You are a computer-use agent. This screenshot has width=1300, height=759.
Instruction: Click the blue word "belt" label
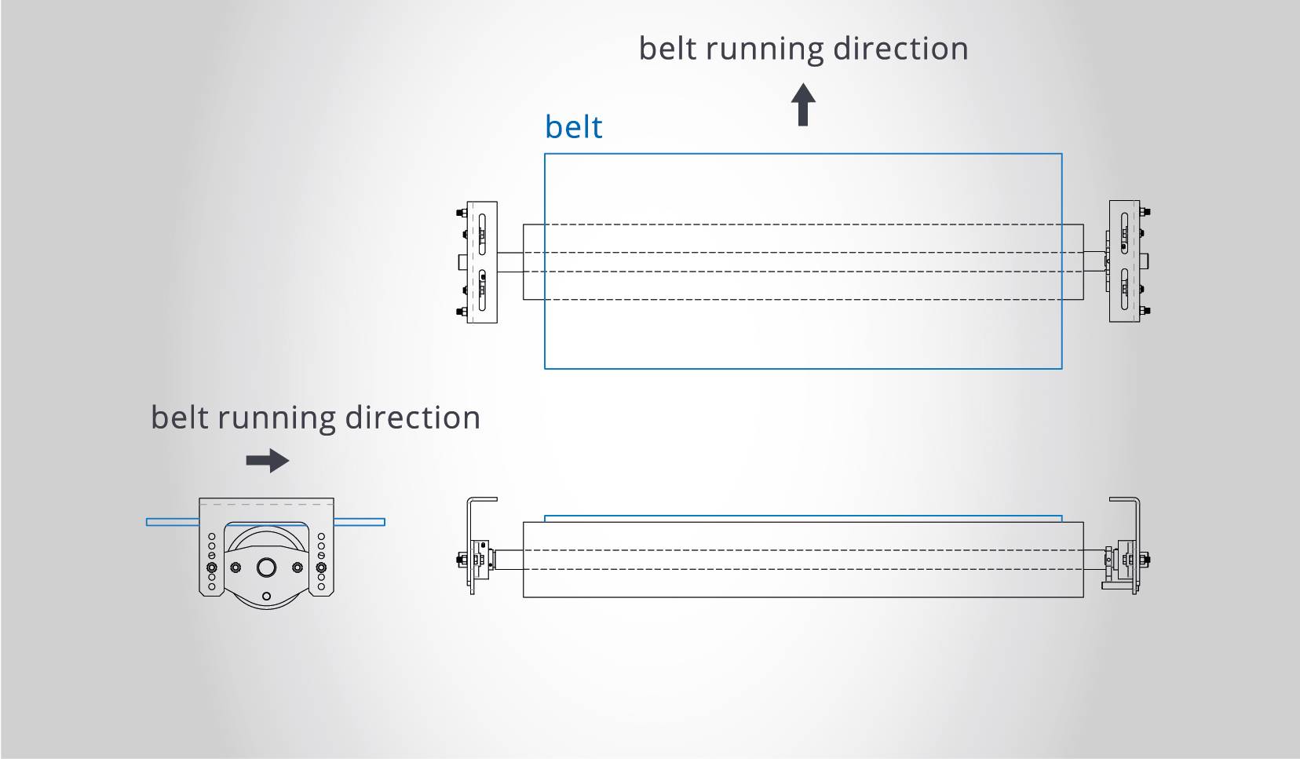(573, 127)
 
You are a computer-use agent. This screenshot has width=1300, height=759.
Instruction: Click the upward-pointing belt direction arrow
(802, 105)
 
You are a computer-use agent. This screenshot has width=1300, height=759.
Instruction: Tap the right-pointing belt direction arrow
(268, 461)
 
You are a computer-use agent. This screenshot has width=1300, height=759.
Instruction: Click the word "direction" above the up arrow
(900, 49)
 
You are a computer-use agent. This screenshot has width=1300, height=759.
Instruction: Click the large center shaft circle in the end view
(266, 567)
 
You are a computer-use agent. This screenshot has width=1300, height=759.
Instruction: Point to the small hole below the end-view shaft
(266, 597)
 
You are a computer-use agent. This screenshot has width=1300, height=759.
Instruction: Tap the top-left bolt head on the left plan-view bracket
(460, 212)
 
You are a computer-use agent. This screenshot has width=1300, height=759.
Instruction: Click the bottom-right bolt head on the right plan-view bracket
(1145, 311)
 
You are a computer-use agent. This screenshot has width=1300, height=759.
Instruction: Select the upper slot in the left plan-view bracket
(482, 232)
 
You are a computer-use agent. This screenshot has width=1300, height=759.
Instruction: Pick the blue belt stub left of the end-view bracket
(172, 521)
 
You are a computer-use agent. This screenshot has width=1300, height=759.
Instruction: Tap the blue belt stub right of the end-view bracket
(360, 521)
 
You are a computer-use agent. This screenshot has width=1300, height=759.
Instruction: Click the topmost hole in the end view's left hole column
(211, 537)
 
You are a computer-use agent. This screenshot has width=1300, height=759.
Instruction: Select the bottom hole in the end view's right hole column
(321, 586)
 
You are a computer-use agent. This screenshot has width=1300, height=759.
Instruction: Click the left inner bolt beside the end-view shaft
(236, 567)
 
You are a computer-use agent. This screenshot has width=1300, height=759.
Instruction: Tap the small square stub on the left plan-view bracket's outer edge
(462, 261)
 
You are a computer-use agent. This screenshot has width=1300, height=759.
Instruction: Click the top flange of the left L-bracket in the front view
(483, 499)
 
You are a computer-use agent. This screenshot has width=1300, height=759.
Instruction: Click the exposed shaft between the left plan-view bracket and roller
(510, 262)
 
